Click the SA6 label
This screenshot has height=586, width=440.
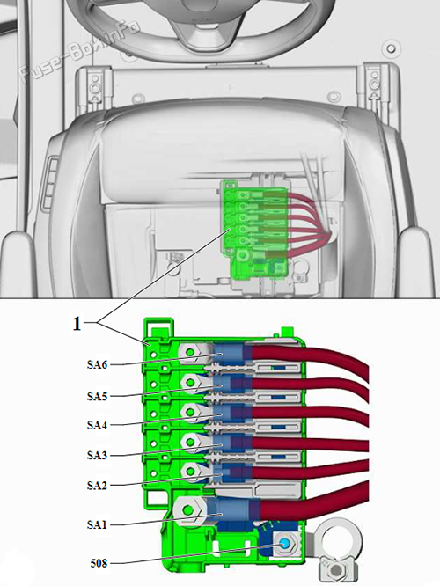(97, 364)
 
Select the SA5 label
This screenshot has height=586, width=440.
(97, 396)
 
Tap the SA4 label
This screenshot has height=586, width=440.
(97, 425)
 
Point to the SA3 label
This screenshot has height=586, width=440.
(97, 455)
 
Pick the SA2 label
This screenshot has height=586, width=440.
(97, 486)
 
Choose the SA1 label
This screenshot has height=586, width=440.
(97, 524)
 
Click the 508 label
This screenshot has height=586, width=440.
(99, 563)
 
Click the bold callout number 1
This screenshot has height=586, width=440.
(77, 324)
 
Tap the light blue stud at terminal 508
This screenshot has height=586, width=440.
(284, 544)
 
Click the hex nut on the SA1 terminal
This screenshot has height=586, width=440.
(189, 510)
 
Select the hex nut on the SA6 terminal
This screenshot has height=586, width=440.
(190, 353)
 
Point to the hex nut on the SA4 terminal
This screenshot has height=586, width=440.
(190, 412)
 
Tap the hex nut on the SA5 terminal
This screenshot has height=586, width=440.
(190, 383)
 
